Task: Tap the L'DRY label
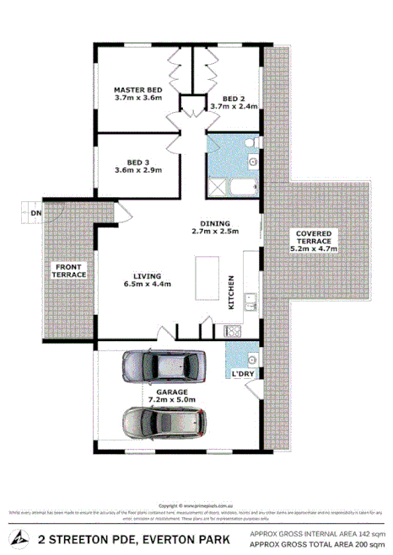(x=243, y=372)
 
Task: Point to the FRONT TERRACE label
(x=69, y=270)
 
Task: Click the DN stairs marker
(x=35, y=214)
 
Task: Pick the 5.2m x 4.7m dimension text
(x=314, y=249)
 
